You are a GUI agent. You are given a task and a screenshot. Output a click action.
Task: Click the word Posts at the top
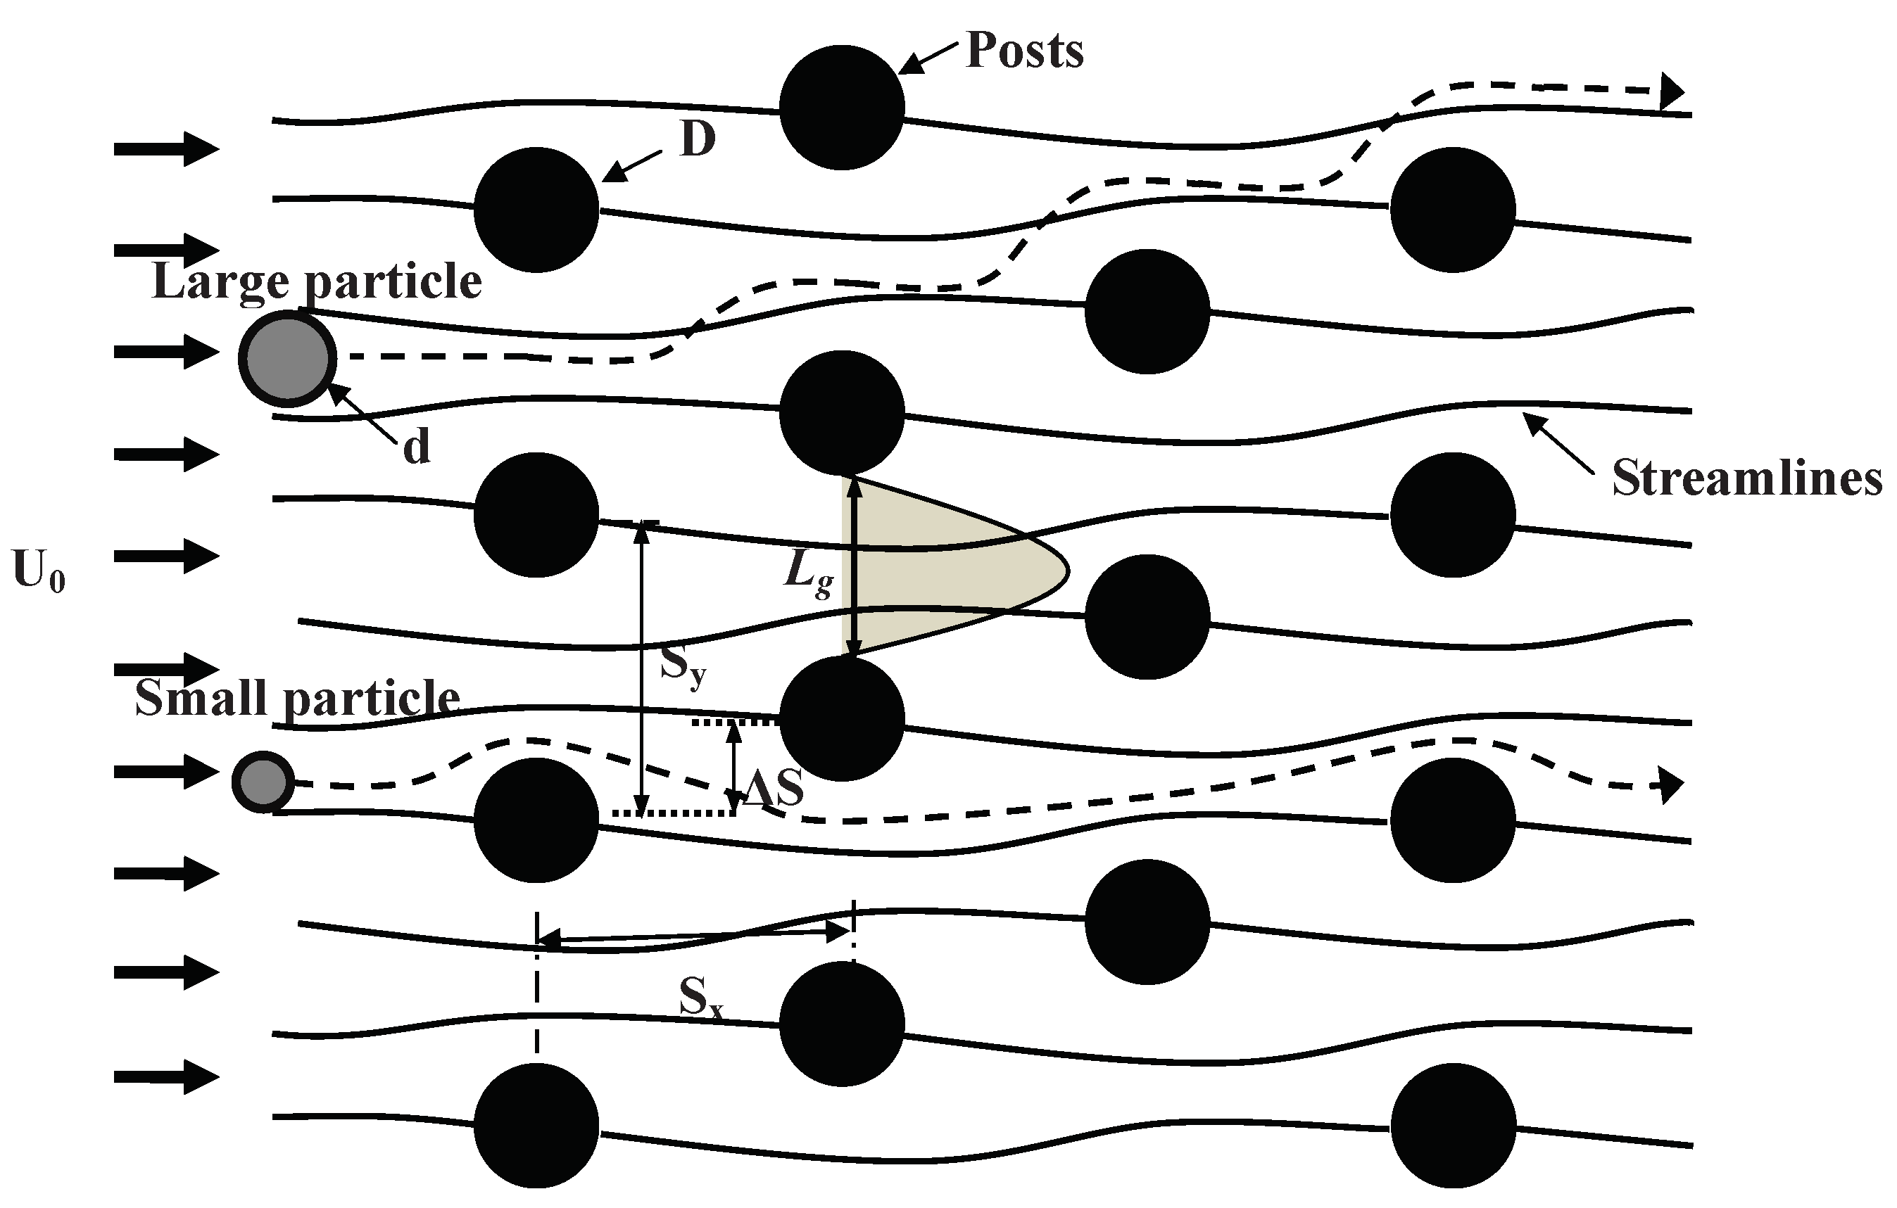pos(1024,51)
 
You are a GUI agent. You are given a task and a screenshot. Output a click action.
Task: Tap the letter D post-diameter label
pos(698,140)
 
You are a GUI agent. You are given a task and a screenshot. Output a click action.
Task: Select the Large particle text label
pos(317,281)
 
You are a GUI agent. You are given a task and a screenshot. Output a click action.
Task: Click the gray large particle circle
pos(288,358)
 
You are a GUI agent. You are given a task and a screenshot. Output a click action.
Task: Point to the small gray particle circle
pos(263,782)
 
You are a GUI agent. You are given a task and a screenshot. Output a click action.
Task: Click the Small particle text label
pos(297,698)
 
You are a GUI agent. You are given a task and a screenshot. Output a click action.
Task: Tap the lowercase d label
pos(417,447)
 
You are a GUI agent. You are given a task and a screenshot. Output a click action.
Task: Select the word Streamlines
pos(1746,477)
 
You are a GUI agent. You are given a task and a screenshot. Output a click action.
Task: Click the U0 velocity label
pos(39,571)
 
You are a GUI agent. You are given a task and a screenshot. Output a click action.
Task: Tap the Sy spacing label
pos(683,666)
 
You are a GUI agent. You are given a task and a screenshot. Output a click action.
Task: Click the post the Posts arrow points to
pos(842,107)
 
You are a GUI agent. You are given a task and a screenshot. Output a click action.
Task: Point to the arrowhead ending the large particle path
pos(1671,91)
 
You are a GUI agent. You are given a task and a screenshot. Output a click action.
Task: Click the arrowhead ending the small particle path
pos(1671,786)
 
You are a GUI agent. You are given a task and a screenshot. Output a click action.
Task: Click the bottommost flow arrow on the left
pos(166,1076)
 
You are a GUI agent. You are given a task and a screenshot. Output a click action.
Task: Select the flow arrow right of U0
pos(166,556)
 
